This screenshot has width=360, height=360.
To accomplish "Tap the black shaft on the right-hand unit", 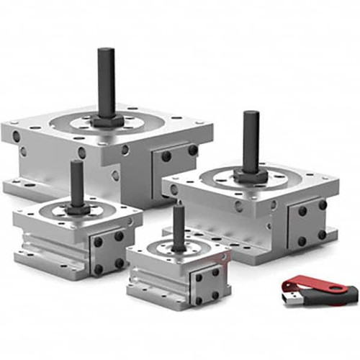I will click(x=251, y=140).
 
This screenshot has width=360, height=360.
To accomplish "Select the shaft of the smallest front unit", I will click(x=178, y=227).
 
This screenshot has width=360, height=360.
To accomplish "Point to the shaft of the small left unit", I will click(x=76, y=184).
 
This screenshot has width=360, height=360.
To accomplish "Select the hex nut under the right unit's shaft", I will click(x=250, y=174).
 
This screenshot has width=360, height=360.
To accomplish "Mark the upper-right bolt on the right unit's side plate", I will click(x=322, y=205).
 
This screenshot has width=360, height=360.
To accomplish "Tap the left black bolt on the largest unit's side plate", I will click(x=166, y=156).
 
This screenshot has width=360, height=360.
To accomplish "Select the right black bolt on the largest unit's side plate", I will click(x=192, y=150).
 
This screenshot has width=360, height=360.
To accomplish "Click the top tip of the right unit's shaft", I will click(x=251, y=113).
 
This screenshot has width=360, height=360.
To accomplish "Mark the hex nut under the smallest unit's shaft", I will click(x=178, y=249).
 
